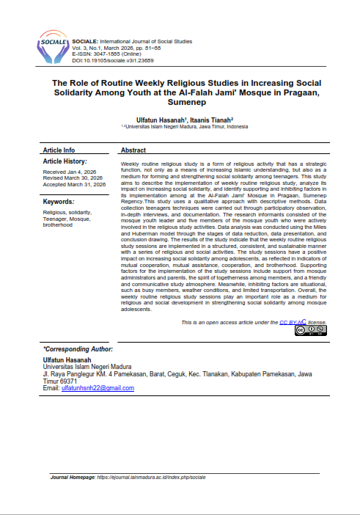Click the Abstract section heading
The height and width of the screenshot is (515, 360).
click(x=133, y=149)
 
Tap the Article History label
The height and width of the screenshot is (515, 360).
click(x=65, y=161)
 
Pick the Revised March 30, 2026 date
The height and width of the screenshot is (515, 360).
click(x=74, y=179)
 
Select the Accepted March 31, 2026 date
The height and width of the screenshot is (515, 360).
click(x=76, y=185)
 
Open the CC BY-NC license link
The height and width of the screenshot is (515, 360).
click(x=293, y=322)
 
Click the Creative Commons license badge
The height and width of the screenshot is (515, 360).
click(x=310, y=331)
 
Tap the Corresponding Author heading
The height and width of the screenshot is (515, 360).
click(x=78, y=349)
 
